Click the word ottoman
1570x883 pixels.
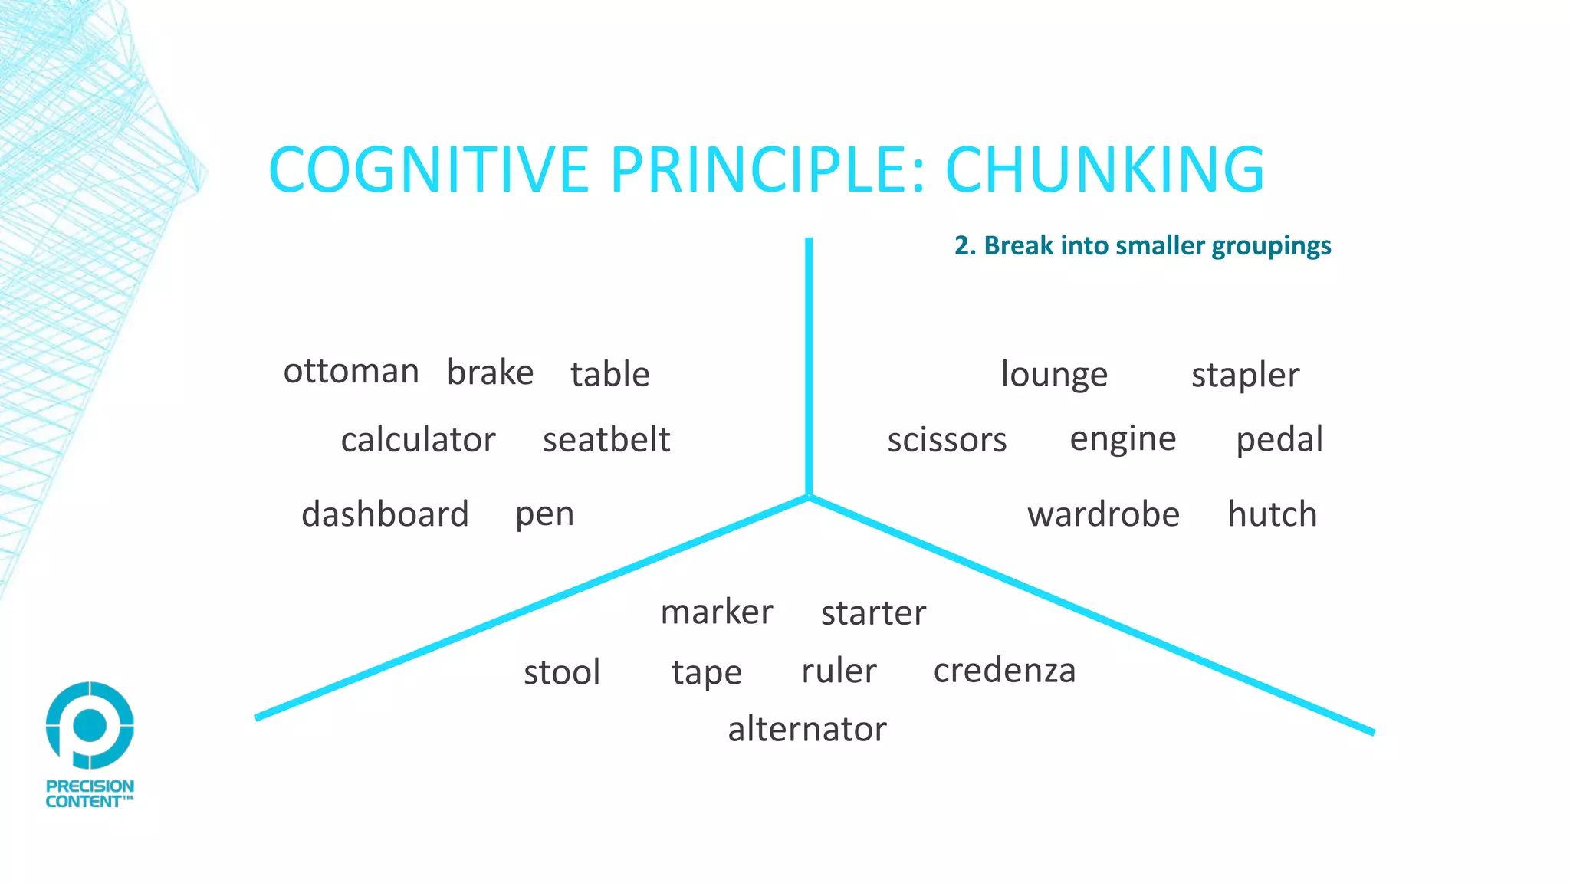[351, 372]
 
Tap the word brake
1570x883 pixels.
[490, 373]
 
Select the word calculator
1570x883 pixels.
[418, 440]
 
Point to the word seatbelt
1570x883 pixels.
[606, 440]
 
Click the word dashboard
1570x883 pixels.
[385, 514]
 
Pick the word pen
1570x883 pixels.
[544, 514]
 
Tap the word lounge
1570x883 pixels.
[1054, 375]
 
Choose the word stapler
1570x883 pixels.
[1245, 376]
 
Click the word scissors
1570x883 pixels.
[947, 441]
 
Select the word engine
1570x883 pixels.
[1122, 439]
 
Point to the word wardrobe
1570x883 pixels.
[1103, 514]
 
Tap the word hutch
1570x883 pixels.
[1273, 514]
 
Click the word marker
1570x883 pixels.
[717, 612]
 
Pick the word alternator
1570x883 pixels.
[807, 729]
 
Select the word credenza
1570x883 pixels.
[1004, 671]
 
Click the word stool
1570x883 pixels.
[562, 672]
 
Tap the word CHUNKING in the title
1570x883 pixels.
[1105, 169]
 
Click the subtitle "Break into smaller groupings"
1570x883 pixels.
[1143, 245]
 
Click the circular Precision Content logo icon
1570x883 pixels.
[90, 724]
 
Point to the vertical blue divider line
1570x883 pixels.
[809, 368]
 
